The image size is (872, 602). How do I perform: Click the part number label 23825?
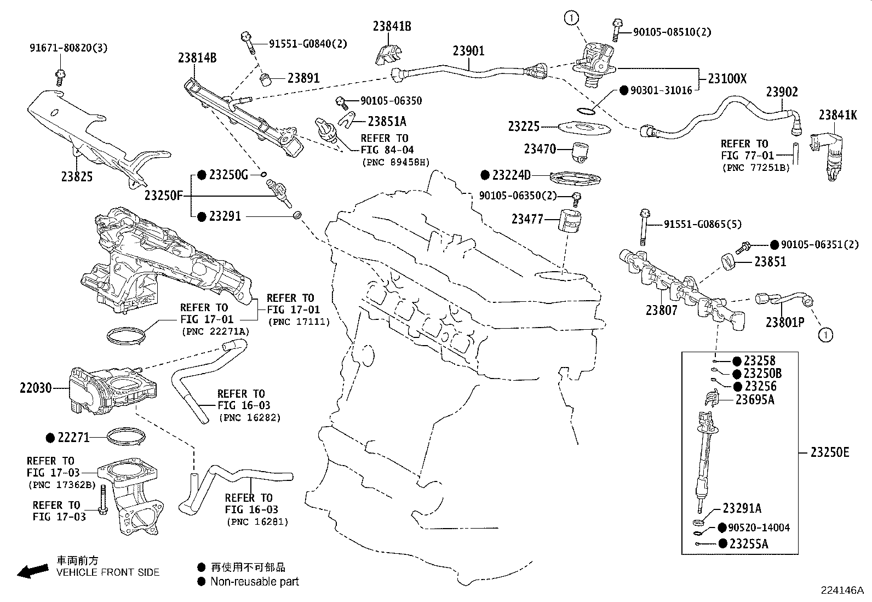click(x=77, y=176)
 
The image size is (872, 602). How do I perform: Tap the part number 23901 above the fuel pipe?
click(x=468, y=51)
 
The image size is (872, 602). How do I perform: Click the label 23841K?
click(x=838, y=115)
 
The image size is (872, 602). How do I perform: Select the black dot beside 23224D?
click(x=485, y=175)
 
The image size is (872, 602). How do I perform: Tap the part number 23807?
click(x=662, y=310)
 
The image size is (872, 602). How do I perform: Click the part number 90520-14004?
click(x=759, y=528)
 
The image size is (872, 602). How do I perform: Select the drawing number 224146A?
click(x=841, y=590)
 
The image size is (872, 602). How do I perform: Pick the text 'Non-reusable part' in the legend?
click(x=255, y=582)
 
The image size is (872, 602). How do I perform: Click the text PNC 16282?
click(x=250, y=417)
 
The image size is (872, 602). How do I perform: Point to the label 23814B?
click(x=197, y=57)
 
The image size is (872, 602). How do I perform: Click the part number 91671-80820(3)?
click(x=68, y=48)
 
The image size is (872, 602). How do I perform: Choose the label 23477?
click(x=527, y=219)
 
